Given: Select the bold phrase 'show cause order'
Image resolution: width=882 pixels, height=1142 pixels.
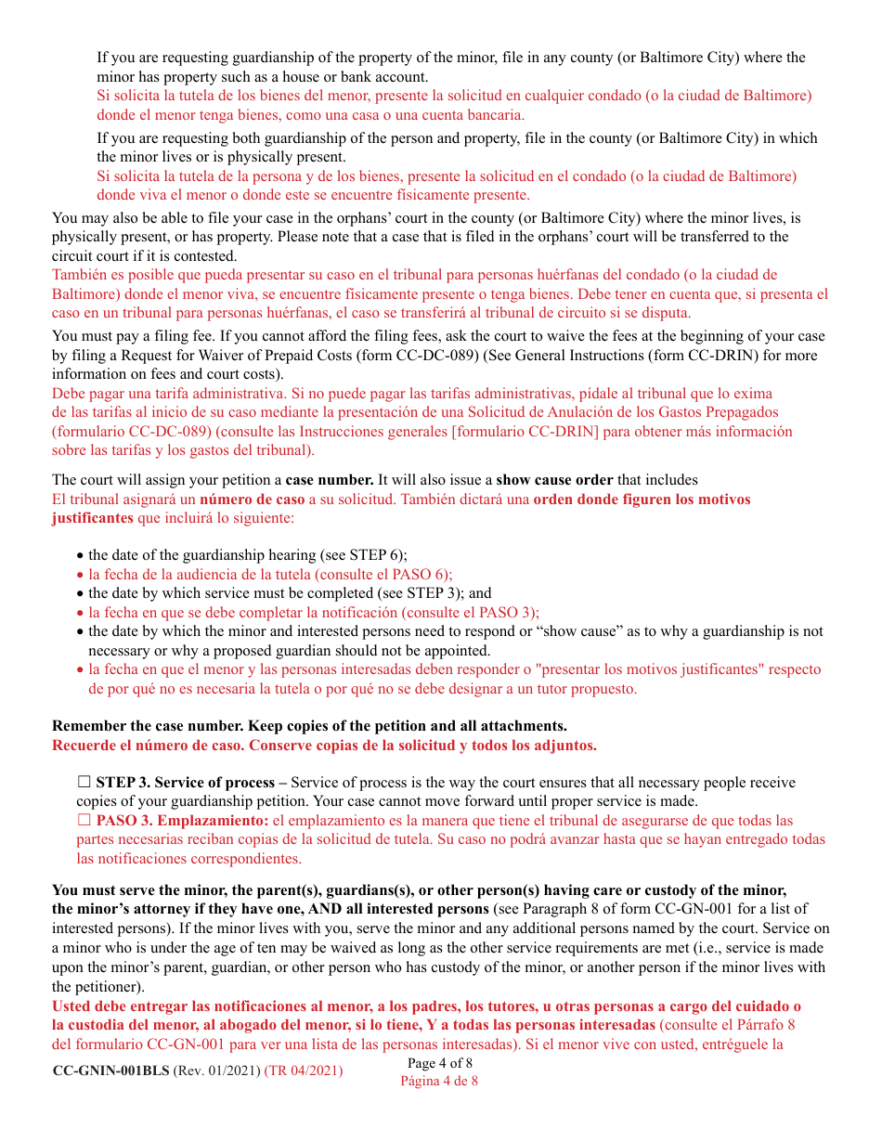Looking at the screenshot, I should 554,480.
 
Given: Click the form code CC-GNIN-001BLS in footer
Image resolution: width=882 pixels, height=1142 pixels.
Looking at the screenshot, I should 110,1071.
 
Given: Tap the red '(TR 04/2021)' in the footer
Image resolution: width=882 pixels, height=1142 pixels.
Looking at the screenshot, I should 304,1071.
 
